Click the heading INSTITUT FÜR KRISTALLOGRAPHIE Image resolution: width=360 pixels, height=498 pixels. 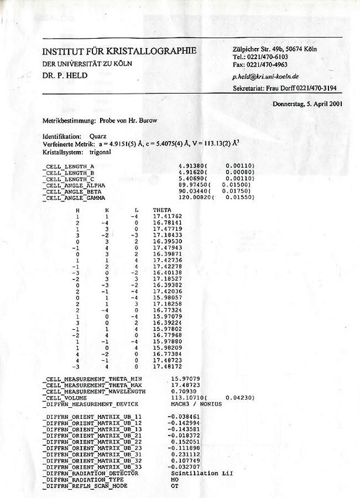point(119,51)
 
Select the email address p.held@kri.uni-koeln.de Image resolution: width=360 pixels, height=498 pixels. point(266,76)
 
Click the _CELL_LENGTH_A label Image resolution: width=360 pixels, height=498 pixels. point(69,167)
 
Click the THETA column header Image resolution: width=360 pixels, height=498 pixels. point(161,209)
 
